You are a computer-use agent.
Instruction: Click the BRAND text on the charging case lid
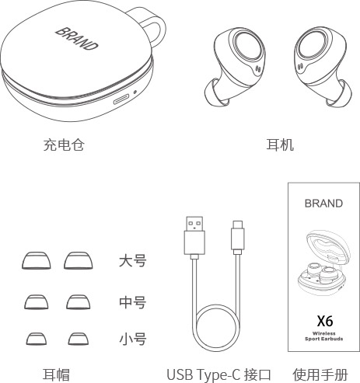pos(77,39)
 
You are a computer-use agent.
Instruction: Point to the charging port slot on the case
pos(121,99)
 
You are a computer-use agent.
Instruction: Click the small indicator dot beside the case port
pos(135,92)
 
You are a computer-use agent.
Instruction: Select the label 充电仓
pos(64,144)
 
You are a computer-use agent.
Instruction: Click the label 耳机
pos(280,144)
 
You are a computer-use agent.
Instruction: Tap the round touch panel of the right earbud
pos(312,46)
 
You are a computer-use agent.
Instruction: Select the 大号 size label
pos(133,261)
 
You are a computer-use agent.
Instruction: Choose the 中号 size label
pos(133,302)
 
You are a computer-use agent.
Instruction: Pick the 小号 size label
pos(133,339)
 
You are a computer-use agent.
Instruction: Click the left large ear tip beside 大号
pos(37,260)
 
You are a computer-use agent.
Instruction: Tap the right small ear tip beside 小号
pos(79,339)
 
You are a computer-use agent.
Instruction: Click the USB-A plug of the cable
pos(194,236)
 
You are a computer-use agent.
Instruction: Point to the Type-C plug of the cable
pos(238,236)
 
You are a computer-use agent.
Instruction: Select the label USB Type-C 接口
pos(218,374)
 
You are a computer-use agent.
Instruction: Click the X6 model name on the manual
pos(325,321)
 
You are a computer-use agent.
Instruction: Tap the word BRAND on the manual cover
pos(323,204)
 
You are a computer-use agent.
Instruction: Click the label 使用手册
pos(320,374)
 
